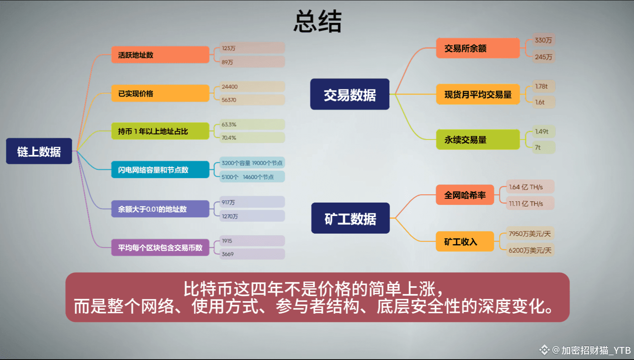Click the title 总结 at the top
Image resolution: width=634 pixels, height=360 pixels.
(317, 22)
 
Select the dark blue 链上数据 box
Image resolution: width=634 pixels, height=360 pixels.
(39, 151)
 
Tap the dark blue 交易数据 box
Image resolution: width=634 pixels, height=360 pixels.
(350, 95)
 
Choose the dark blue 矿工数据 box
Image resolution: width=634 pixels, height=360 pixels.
(350, 218)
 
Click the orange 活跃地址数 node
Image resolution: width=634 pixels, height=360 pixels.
(160, 55)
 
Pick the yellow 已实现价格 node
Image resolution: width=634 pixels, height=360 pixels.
(160, 93)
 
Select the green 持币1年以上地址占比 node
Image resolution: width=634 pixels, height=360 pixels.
(160, 131)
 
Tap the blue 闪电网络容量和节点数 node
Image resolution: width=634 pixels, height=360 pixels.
(160, 170)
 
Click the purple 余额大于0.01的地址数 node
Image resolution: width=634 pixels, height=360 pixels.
(160, 209)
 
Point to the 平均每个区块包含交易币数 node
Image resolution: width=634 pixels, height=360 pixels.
(160, 248)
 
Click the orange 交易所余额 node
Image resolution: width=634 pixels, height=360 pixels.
(477, 48)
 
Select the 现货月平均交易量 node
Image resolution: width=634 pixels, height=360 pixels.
(477, 95)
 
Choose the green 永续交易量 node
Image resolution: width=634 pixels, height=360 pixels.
(477, 140)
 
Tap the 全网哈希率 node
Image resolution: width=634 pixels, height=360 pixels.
(465, 195)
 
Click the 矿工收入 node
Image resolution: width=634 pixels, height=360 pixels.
(465, 241)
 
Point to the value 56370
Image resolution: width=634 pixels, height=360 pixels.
(229, 100)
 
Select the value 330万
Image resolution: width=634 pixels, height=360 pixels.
(543, 40)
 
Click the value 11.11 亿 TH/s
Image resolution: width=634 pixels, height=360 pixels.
(526, 204)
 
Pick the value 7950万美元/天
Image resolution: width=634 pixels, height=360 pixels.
(530, 234)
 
